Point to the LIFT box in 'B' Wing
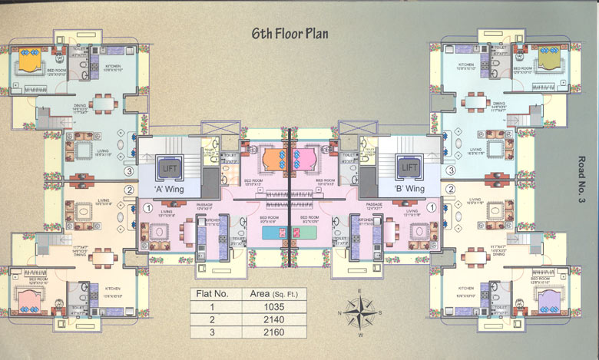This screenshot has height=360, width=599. click(409, 166)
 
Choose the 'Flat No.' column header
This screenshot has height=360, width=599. click(211, 293)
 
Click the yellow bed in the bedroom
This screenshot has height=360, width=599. click(28, 59)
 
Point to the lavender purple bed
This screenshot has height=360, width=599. click(549, 298)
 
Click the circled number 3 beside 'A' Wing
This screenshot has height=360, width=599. click(130, 171)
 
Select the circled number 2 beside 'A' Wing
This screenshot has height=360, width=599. click(130, 190)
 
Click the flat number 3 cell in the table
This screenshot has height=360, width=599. click(211, 332)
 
